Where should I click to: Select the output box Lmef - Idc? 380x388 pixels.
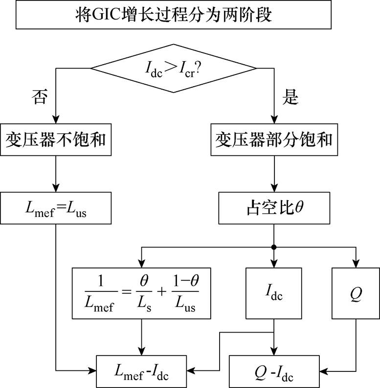point(142,371)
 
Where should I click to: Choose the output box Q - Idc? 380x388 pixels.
point(274,371)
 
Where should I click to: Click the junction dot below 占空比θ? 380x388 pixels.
point(274,246)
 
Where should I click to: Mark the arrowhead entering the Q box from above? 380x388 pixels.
point(356,263)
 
